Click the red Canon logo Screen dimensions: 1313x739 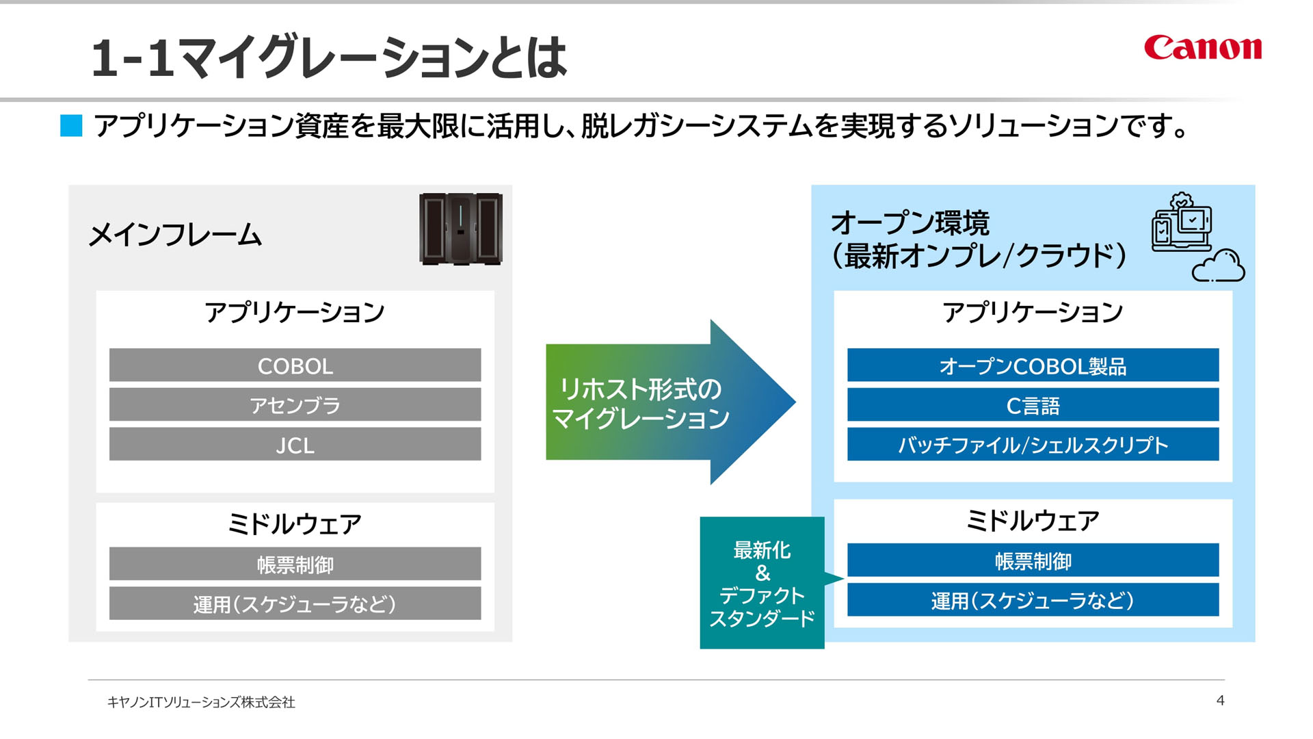[1203, 47]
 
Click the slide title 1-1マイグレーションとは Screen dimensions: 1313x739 [329, 57]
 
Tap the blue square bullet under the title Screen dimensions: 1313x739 [71, 126]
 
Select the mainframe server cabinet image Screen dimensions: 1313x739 [461, 229]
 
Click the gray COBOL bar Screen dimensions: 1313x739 [295, 365]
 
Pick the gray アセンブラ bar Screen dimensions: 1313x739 [295, 405]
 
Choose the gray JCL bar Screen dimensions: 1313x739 [295, 445]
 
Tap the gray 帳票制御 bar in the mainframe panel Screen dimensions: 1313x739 [295, 564]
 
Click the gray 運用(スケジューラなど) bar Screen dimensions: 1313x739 [295, 604]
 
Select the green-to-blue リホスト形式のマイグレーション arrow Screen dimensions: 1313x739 [670, 402]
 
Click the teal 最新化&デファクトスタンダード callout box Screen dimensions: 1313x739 [762, 582]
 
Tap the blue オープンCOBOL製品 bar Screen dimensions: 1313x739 [1033, 365]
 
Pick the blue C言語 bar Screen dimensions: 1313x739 [1033, 405]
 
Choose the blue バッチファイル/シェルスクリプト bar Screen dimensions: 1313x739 [1033, 445]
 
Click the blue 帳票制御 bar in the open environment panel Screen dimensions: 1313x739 [1033, 560]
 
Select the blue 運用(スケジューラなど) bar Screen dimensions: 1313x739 [1033, 600]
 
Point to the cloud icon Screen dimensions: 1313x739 [1219, 265]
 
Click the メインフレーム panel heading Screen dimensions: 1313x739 [175, 235]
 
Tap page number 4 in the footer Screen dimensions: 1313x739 [1221, 700]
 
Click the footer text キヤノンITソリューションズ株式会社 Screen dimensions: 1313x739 [201, 702]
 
